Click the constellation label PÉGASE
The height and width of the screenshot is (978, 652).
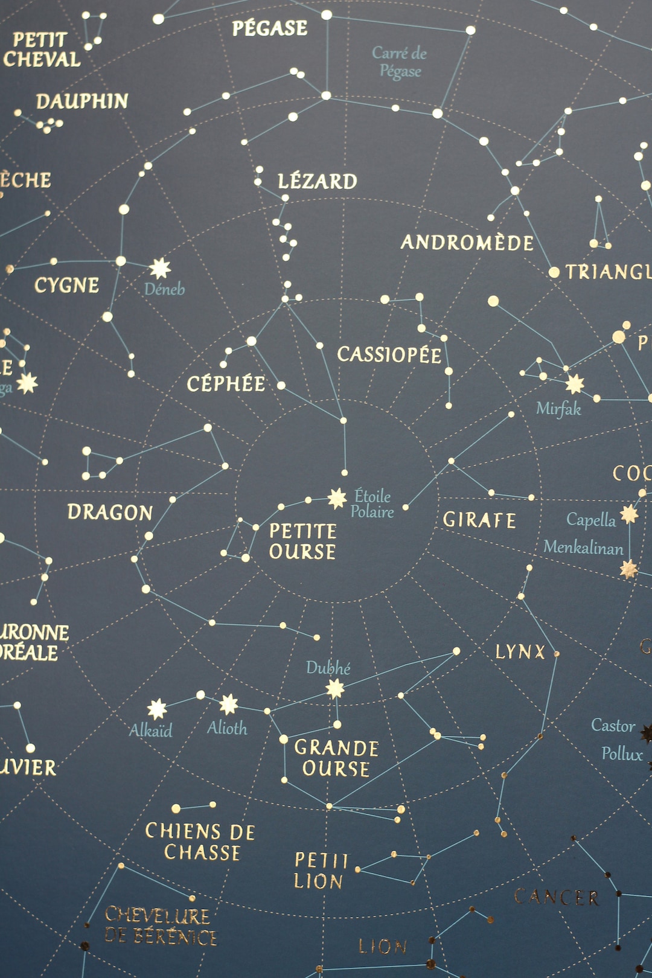[270, 28]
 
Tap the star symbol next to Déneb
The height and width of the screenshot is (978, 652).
[160, 268]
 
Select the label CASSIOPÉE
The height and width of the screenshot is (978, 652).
[389, 354]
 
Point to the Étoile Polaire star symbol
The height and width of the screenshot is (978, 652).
[337, 498]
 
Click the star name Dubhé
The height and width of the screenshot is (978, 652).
[328, 668]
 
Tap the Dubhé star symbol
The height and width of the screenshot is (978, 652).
[335, 688]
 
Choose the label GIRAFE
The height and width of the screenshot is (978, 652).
[479, 520]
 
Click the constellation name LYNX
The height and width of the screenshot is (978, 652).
[520, 652]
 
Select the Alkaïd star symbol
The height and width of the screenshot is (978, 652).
[157, 709]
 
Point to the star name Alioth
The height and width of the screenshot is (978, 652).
[227, 728]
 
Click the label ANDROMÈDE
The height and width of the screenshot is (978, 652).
[467, 243]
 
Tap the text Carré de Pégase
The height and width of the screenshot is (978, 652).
[400, 62]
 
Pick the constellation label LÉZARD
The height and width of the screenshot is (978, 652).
[318, 181]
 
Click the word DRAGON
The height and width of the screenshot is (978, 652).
[110, 513]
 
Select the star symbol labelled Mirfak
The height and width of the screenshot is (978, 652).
[575, 383]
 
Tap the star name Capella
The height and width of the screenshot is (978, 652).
[591, 520]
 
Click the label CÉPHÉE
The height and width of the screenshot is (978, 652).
[226, 384]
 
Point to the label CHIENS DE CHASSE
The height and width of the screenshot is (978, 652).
[200, 842]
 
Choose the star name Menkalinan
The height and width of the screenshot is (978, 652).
[583, 548]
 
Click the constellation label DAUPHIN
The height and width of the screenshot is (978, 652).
[82, 101]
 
